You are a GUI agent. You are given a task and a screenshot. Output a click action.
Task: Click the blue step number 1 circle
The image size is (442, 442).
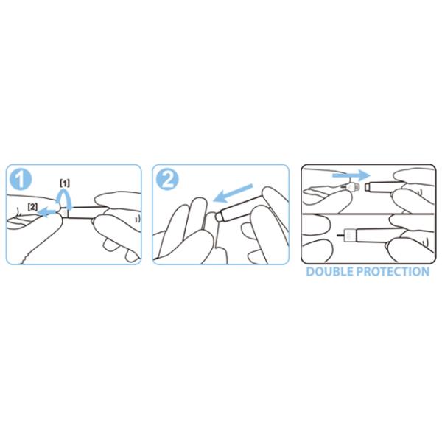click(21, 179)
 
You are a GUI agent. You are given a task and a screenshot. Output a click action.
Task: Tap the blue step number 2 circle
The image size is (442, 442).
click(167, 179)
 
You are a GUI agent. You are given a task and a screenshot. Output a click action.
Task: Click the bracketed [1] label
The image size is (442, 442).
click(65, 183)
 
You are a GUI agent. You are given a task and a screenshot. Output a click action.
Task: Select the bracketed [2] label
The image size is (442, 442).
click(32, 207)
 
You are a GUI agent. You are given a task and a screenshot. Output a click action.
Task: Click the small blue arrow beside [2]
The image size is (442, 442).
click(47, 211)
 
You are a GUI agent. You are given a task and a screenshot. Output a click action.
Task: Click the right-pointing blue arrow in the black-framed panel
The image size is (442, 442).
click(351, 175)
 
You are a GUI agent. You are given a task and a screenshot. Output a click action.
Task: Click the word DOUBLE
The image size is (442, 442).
click(330, 271)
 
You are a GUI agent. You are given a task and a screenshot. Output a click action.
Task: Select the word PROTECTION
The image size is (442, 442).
click(393, 271)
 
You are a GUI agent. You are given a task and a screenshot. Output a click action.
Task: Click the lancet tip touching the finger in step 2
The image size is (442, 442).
click(219, 217)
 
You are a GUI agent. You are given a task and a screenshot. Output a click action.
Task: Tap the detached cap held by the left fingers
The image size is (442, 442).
click(352, 186)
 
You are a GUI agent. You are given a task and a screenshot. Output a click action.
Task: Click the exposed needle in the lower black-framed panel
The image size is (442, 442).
click(341, 234)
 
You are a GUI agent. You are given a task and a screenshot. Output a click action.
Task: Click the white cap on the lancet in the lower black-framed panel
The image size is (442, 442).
click(351, 234)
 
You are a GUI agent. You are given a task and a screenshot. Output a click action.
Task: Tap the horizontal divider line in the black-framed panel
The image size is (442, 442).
click(368, 214)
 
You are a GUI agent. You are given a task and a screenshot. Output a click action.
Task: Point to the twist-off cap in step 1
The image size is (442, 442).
click(63, 213)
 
